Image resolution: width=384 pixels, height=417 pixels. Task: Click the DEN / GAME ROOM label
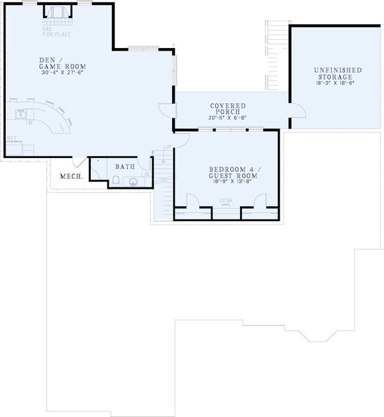(62, 62)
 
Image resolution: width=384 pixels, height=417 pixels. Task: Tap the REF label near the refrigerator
(12, 138)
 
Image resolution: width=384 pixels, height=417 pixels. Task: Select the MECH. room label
(70, 177)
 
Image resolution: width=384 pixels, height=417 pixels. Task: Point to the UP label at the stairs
(168, 148)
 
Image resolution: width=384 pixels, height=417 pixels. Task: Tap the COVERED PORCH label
(228, 108)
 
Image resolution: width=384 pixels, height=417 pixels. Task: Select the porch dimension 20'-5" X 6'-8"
(228, 118)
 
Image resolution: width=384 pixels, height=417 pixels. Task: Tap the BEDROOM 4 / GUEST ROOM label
(233, 172)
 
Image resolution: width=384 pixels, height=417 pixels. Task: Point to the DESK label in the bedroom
(226, 200)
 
